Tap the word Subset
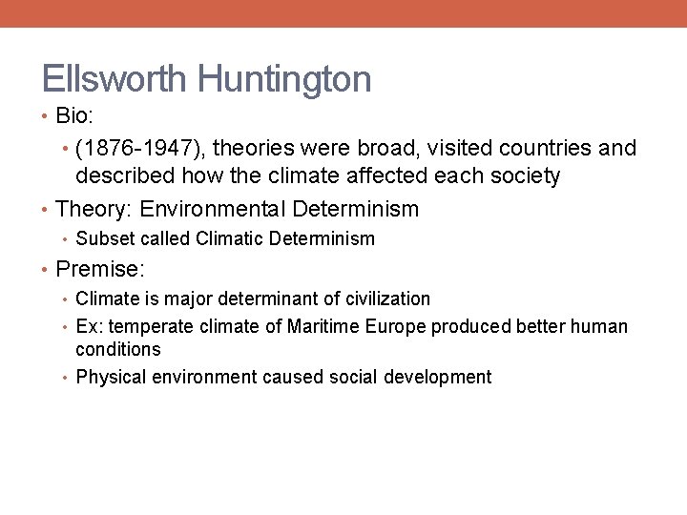[103, 238]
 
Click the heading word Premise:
[100, 270]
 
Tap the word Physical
[109, 378]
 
